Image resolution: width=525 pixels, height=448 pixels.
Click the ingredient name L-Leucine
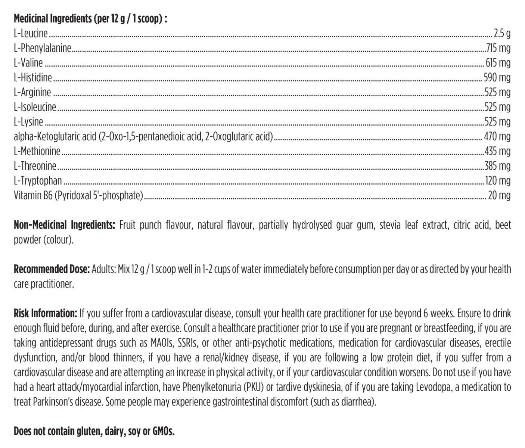pyautogui.click(x=31, y=34)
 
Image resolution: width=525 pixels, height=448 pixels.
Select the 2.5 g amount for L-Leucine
pyautogui.click(x=502, y=34)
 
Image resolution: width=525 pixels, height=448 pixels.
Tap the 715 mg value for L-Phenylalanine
pyautogui.click(x=498, y=48)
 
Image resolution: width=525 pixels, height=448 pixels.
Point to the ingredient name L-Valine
pyautogui.click(x=28, y=63)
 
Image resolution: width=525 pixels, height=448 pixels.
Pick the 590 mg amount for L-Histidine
pyautogui.click(x=497, y=78)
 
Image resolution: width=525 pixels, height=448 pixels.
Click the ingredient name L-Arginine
pyautogui.click(x=32, y=92)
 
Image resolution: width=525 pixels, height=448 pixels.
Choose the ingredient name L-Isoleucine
pyautogui.click(x=35, y=107)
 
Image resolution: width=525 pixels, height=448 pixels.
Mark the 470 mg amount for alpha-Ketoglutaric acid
pyautogui.click(x=497, y=136)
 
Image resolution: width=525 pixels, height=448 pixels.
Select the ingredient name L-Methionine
pyautogui.click(x=37, y=151)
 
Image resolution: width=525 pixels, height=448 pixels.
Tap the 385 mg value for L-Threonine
pyautogui.click(x=497, y=166)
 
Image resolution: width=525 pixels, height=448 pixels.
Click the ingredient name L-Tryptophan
pyautogui.click(x=38, y=181)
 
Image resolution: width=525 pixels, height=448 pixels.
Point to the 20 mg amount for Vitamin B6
pyautogui.click(x=499, y=195)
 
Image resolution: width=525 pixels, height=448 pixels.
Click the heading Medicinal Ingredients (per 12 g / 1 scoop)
pyautogui.click(x=90, y=19)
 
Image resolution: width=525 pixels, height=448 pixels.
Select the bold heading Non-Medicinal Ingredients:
pyautogui.click(x=64, y=225)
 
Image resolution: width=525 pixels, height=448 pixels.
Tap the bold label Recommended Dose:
pyautogui.click(x=52, y=269)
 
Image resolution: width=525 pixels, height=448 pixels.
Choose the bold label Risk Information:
pyautogui.click(x=45, y=313)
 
